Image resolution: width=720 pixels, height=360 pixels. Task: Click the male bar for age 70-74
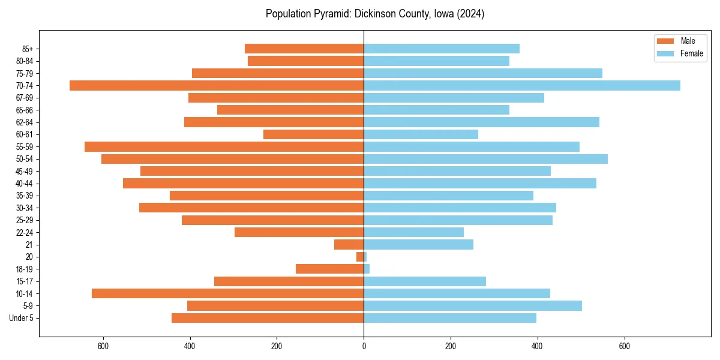(x=217, y=85)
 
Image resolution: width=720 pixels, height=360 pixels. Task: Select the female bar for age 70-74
(x=522, y=85)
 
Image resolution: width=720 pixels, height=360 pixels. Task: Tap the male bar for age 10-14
(x=228, y=293)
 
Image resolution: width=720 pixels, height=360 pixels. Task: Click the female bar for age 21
(x=418, y=244)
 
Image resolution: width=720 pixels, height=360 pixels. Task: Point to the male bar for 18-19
(x=330, y=269)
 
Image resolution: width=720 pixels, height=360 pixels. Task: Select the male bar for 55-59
(x=224, y=146)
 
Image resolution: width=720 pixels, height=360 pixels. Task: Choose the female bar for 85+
(x=442, y=49)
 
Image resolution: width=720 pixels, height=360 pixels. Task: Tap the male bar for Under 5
(x=268, y=318)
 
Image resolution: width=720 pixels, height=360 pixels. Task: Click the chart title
(x=375, y=14)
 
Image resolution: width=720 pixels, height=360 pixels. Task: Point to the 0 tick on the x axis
(x=364, y=346)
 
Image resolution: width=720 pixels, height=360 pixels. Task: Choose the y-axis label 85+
(x=28, y=49)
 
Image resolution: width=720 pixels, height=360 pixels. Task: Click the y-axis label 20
(x=29, y=257)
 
